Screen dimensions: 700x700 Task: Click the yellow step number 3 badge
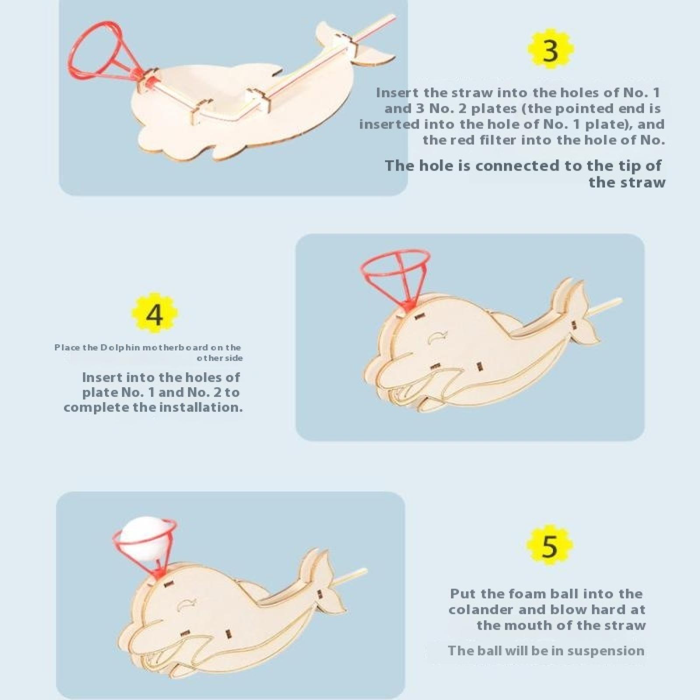(550, 50)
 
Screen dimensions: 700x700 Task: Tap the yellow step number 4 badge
(154, 314)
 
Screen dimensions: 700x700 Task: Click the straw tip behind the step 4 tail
(620, 300)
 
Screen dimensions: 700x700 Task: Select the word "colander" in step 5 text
(481, 609)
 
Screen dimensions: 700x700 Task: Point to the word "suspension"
(605, 651)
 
